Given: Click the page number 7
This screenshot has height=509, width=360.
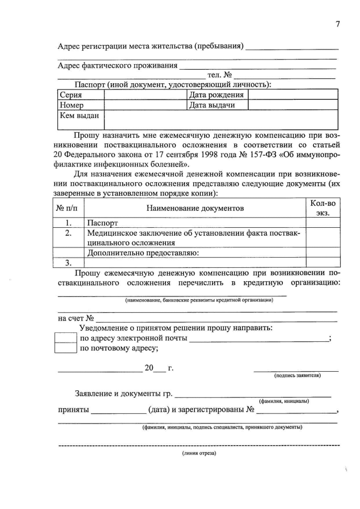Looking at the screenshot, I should (x=337, y=24).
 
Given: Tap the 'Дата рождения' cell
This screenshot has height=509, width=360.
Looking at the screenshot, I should (x=216, y=95).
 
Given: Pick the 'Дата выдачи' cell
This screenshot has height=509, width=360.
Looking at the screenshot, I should (x=211, y=105).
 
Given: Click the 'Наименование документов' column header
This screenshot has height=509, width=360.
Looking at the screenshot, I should (x=195, y=208).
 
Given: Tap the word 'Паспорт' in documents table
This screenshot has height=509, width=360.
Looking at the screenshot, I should (x=103, y=223).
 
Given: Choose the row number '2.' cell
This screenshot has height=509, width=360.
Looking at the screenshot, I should (x=67, y=233).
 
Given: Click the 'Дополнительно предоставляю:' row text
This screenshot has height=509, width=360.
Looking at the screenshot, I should (x=143, y=253).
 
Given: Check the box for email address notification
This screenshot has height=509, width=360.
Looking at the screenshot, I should (x=65, y=338).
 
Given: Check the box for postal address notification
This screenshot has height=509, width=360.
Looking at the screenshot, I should (x=65, y=348).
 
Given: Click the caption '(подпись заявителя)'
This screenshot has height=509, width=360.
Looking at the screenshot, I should (x=297, y=375).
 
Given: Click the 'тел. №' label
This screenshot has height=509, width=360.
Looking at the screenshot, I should (x=220, y=75).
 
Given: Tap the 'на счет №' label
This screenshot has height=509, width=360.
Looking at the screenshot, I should (x=76, y=318).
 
